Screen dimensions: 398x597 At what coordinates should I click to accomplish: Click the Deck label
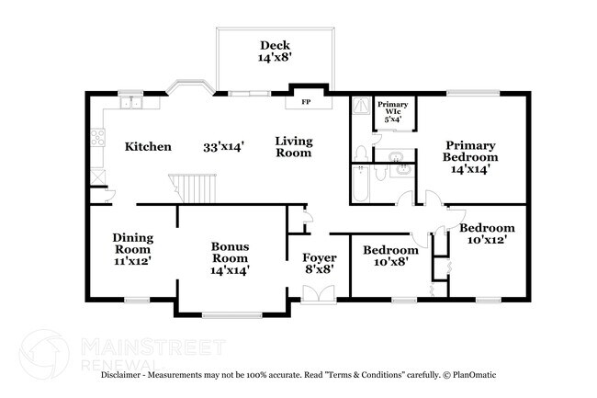tap(274, 51)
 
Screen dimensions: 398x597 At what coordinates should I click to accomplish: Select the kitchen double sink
tap(132, 103)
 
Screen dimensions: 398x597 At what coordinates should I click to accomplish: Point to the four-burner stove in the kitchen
tap(96, 140)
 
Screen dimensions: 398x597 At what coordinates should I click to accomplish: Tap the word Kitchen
tap(148, 147)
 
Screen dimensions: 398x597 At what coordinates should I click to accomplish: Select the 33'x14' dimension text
tap(223, 147)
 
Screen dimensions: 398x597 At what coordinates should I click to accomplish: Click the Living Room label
tap(295, 147)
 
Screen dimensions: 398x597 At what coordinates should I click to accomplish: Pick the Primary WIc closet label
tap(393, 111)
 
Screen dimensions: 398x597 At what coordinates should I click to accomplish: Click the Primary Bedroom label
tap(470, 156)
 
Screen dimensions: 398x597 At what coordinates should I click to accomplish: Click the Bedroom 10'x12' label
tap(487, 233)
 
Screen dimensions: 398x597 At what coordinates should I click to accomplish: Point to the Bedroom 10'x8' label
tap(390, 256)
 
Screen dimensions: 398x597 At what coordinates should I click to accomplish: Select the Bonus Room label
tap(231, 258)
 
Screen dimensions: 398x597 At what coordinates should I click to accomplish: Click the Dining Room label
tap(132, 248)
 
